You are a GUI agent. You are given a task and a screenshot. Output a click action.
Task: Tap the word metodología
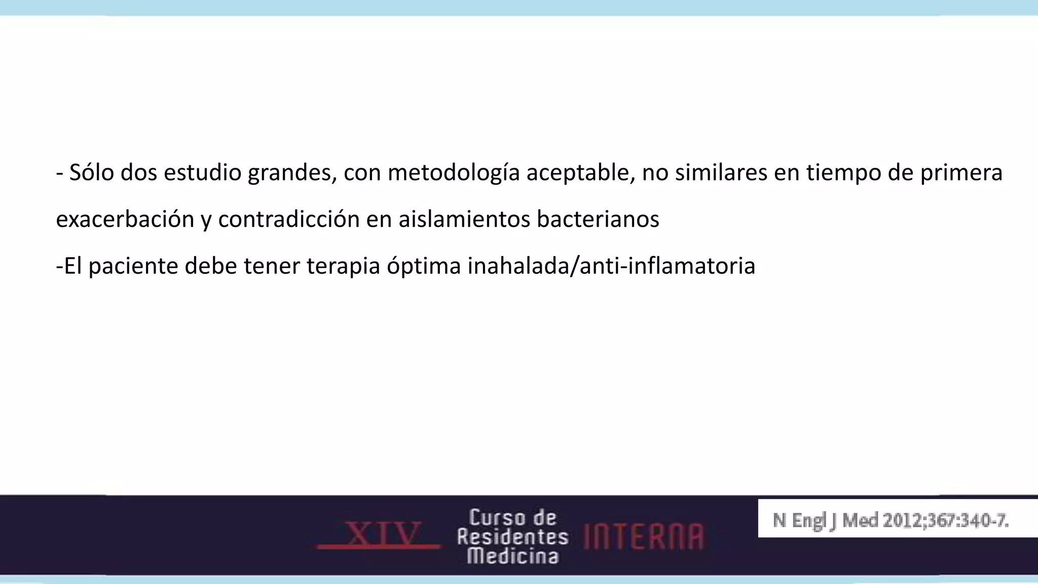click(454, 173)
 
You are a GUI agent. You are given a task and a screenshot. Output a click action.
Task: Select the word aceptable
click(580, 173)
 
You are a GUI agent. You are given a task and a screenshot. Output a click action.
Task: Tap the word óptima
click(424, 266)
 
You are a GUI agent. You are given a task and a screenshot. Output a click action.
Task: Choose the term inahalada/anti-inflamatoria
click(611, 266)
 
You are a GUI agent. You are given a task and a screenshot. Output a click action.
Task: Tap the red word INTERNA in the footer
click(644, 536)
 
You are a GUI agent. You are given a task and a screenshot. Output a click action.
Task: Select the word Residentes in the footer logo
click(512, 537)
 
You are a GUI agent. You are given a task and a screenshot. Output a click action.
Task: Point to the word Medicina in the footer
click(512, 556)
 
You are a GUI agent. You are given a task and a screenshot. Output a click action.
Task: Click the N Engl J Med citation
click(891, 520)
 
